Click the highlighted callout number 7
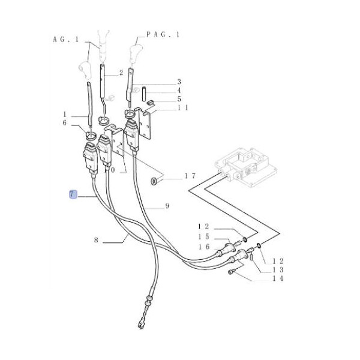pyautogui.click(x=73, y=194)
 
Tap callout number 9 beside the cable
pyautogui.click(x=167, y=206)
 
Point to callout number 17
pyautogui.click(x=190, y=176)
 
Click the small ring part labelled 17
pyautogui.click(x=154, y=180)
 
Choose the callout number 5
pyautogui.click(x=179, y=98)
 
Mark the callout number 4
pyautogui.click(x=179, y=90)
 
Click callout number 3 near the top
pyautogui.click(x=179, y=82)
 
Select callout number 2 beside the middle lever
pyautogui.click(x=121, y=73)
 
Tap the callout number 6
pyautogui.click(x=65, y=123)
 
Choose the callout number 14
pyautogui.click(x=278, y=278)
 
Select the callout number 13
pyautogui.click(x=278, y=269)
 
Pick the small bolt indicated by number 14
pyautogui.click(x=233, y=274)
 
